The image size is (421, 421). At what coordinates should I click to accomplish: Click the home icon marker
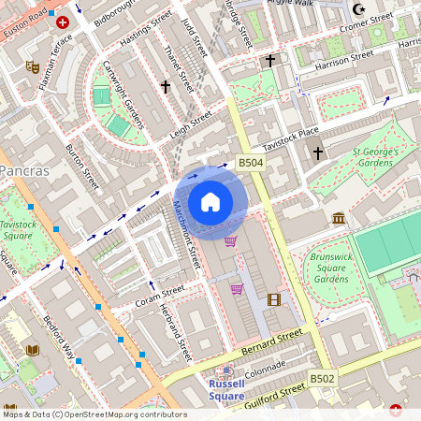click(x=210, y=201)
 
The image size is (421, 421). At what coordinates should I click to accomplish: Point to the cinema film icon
click(x=273, y=299)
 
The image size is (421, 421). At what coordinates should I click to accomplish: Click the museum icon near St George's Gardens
click(x=338, y=218)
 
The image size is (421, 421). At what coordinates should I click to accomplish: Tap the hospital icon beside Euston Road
click(x=63, y=22)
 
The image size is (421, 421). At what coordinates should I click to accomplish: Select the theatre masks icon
click(x=32, y=67)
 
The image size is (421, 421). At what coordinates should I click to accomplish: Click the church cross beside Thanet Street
click(x=166, y=87)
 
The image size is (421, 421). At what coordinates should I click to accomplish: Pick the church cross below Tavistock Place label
click(x=317, y=152)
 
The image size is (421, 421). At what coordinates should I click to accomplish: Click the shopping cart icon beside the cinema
click(x=238, y=289)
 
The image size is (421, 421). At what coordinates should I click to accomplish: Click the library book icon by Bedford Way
click(x=33, y=350)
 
